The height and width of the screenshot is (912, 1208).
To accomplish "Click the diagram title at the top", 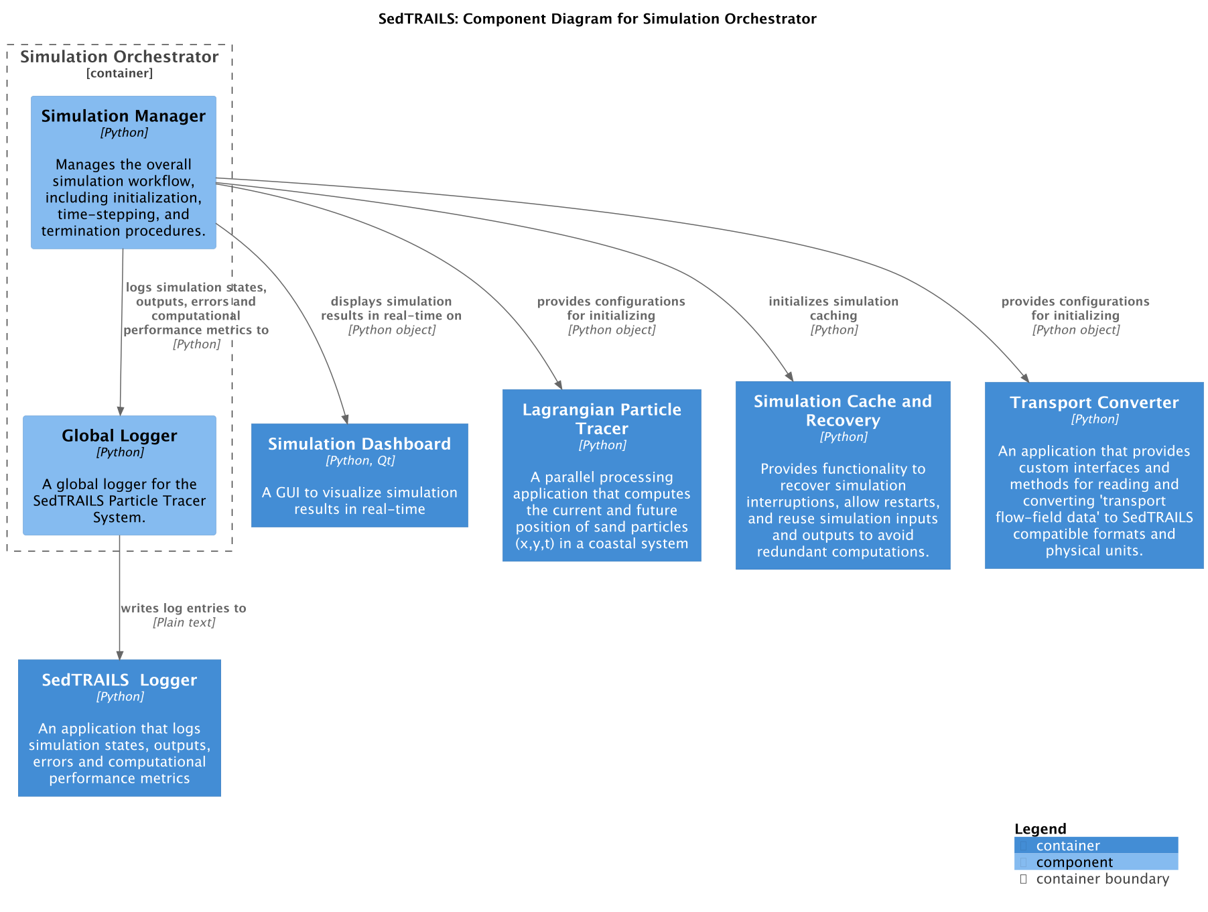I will (597, 19).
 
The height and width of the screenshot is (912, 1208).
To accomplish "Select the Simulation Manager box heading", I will (123, 116).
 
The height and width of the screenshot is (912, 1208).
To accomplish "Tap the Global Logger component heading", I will (119, 436).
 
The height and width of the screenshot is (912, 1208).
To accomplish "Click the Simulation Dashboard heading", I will (359, 444).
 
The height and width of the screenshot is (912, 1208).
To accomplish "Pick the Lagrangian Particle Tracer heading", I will (602, 419).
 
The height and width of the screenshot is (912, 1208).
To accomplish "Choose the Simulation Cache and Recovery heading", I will (842, 411).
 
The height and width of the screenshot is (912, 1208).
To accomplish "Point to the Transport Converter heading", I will (1093, 402).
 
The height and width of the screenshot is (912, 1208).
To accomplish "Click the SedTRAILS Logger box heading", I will (119, 679).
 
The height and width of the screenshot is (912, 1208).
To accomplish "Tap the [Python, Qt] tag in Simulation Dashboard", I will (360, 460).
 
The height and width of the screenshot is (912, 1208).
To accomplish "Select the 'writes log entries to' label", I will (184, 608).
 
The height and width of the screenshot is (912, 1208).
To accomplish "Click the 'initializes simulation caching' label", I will (833, 308).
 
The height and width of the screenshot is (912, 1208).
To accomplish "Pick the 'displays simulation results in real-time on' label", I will (391, 308).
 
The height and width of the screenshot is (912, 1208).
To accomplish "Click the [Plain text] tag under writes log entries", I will (184, 623).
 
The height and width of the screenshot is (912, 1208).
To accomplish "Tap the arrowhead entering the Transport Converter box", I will (1025, 378).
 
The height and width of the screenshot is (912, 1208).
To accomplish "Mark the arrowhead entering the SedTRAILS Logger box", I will (120, 655).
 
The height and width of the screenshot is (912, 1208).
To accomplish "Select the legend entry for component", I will (1074, 862).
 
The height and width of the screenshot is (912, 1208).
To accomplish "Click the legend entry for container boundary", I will (1101, 879).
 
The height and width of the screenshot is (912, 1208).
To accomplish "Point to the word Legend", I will (1040, 829).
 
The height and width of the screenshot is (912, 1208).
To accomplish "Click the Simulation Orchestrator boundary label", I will (119, 57).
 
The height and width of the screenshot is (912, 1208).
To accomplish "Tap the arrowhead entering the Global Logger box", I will (121, 411).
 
